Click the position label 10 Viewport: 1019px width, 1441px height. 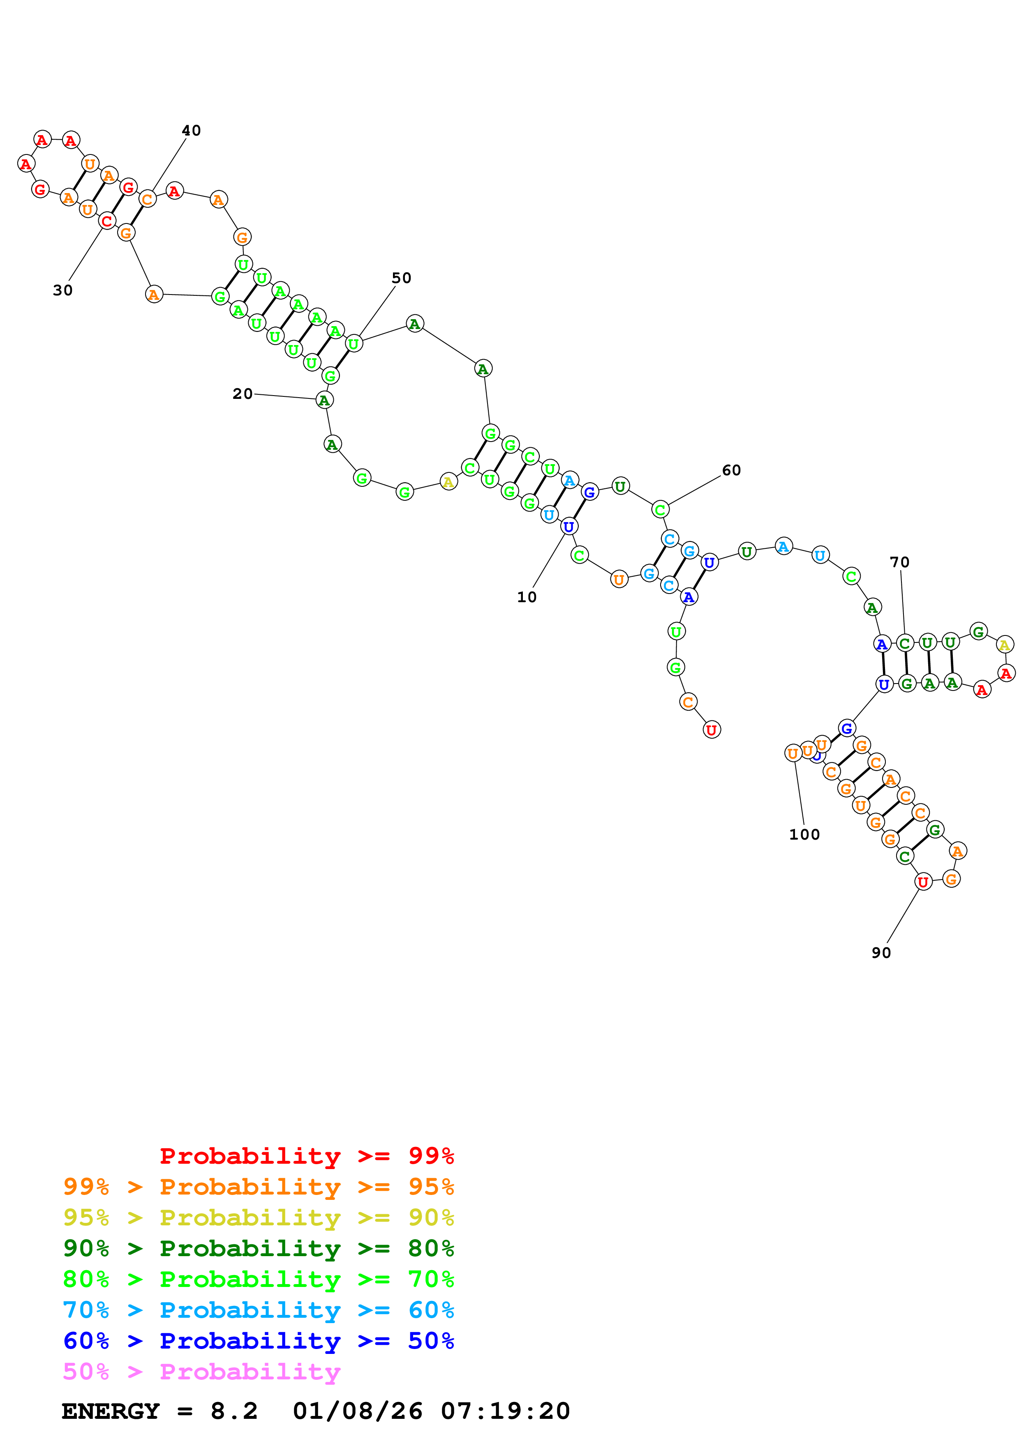(x=526, y=597)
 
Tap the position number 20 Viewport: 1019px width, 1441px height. (x=243, y=394)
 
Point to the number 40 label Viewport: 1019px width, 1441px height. (x=191, y=131)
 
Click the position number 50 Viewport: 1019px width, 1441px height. (x=401, y=278)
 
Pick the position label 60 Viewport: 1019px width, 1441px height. (x=731, y=470)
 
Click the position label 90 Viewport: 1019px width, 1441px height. (x=881, y=953)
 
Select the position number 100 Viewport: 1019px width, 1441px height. (x=804, y=834)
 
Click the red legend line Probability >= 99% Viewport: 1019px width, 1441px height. (x=306, y=1156)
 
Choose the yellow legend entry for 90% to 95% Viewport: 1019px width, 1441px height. (x=258, y=1218)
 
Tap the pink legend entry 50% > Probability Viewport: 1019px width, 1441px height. (x=201, y=1372)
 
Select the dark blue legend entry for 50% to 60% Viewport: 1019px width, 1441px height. (x=258, y=1341)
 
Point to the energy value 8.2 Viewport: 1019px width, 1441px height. (x=233, y=1411)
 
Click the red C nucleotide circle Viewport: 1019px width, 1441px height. (x=107, y=221)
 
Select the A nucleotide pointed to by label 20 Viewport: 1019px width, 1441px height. (x=324, y=400)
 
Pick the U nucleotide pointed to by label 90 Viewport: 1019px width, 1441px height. (x=922, y=882)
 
